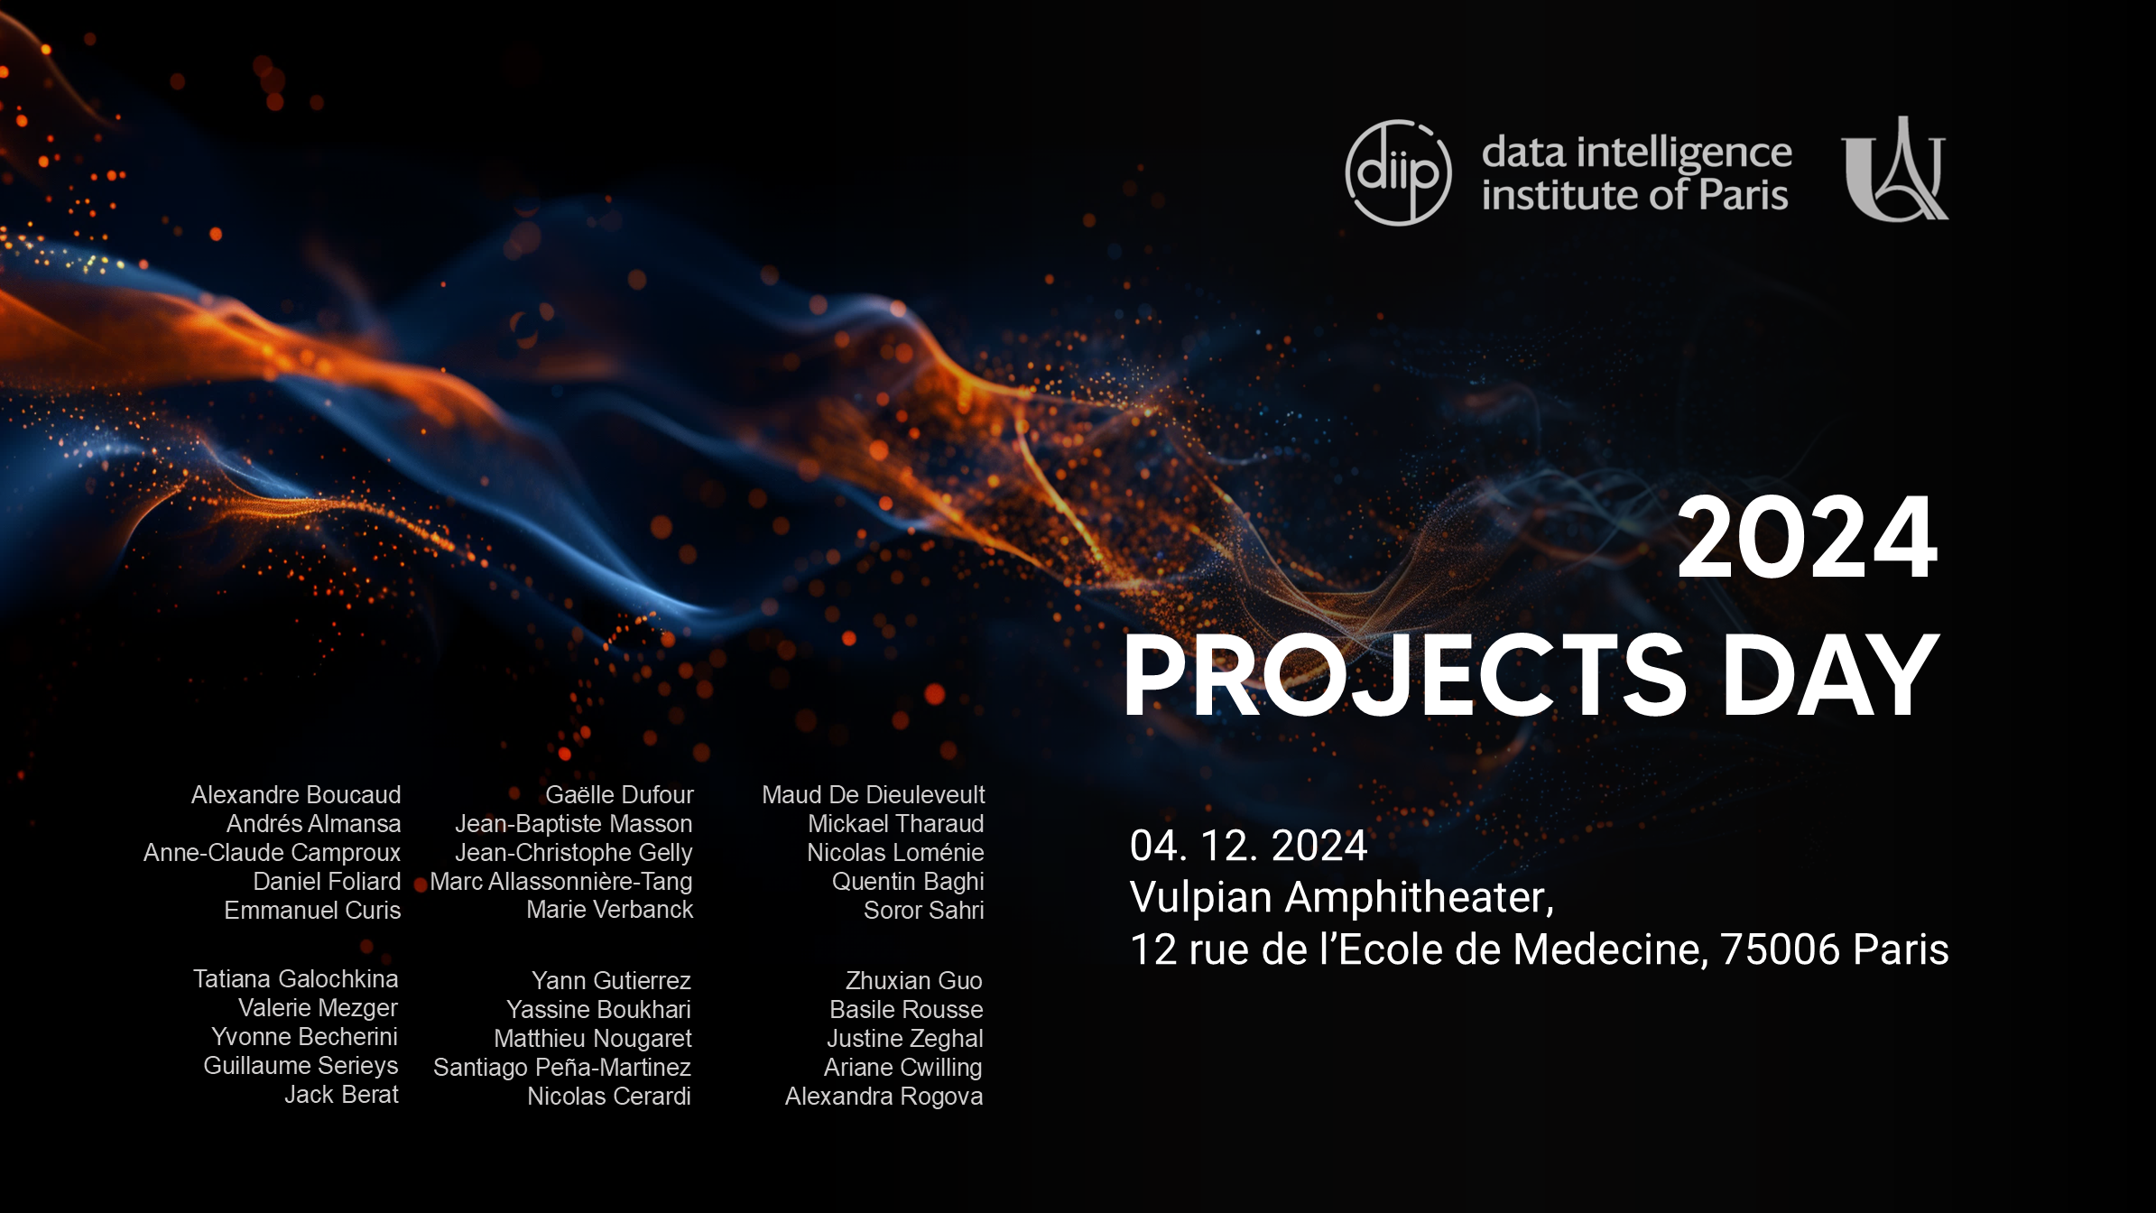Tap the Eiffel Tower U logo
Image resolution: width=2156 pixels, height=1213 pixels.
pos(1894,169)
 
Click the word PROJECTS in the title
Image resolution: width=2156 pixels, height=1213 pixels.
pos(1404,675)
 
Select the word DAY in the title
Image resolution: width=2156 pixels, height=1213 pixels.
pos(1830,675)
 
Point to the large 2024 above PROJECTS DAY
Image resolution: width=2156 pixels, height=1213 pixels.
pos(1807,538)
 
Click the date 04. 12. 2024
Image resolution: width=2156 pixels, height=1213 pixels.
pos(1248,846)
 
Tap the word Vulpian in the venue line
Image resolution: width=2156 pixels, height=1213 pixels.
pos(1203,898)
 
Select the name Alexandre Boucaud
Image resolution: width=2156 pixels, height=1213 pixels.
pos(296,794)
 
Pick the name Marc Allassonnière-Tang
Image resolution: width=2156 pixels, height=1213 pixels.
pos(561,881)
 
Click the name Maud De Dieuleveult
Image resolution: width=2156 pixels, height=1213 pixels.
pos(874,794)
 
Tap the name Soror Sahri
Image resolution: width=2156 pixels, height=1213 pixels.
pos(924,910)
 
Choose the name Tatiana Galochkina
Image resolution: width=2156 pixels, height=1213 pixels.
pos(295,978)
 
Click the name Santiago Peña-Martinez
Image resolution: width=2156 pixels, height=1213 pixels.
pos(562,1067)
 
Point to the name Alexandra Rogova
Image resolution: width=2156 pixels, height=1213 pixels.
pos(884,1096)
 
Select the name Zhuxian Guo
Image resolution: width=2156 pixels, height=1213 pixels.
pos(914,980)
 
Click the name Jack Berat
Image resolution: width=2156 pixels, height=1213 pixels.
pos(341,1094)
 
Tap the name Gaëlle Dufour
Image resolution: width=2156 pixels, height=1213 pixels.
pos(619,794)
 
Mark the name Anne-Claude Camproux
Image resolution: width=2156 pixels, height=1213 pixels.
pos(272,852)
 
